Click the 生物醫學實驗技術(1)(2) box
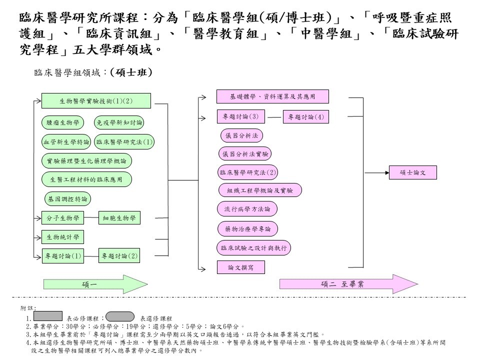tap(96, 101)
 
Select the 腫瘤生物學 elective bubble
tap(63, 122)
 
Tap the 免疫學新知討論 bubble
tap(119, 122)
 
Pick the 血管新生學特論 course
tap(66, 142)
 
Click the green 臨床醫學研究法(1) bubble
tap(124, 142)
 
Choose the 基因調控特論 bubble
tap(67, 199)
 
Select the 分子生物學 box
tap(63, 218)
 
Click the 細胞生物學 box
tap(119, 218)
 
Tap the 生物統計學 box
tap(63, 236)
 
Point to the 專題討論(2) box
tap(119, 256)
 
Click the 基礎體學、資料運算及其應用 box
tap(272, 96)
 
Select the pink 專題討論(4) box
tap(306, 117)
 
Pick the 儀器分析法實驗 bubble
tap(244, 154)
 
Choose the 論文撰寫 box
tap(240, 267)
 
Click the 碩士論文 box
tap(413, 173)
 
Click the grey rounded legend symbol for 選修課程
tap(120, 316)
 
